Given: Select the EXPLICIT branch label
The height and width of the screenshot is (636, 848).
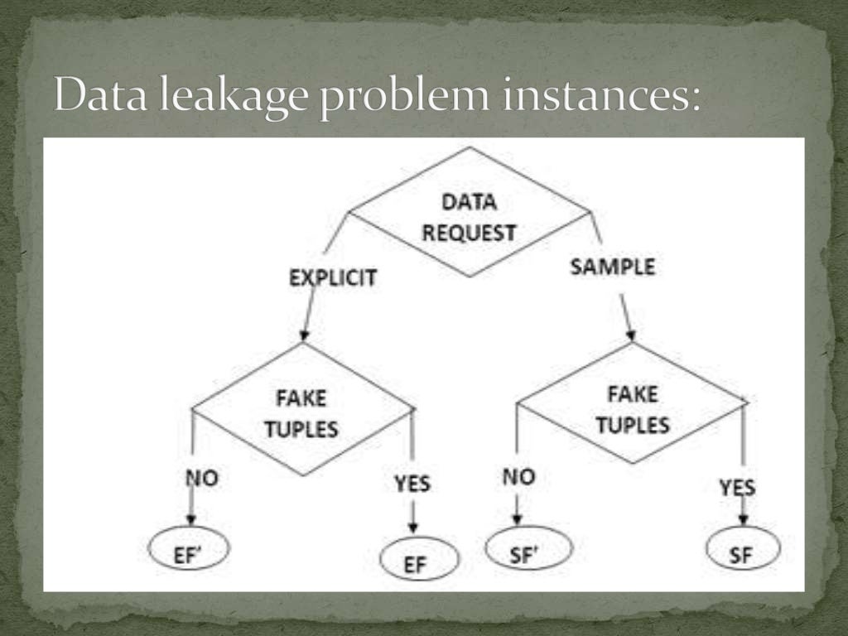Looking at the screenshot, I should (x=332, y=277).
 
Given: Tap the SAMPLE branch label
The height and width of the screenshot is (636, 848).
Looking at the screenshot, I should (x=613, y=267).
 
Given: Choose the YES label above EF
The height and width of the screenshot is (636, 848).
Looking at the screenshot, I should (x=412, y=483).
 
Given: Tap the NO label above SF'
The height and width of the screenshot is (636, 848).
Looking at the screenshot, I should (x=518, y=476).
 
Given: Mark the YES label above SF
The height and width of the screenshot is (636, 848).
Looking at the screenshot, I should (x=737, y=488).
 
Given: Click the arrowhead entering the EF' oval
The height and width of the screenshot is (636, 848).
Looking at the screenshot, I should (x=191, y=519).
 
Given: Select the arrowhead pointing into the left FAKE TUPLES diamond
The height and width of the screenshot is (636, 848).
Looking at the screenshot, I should (x=304, y=335).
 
